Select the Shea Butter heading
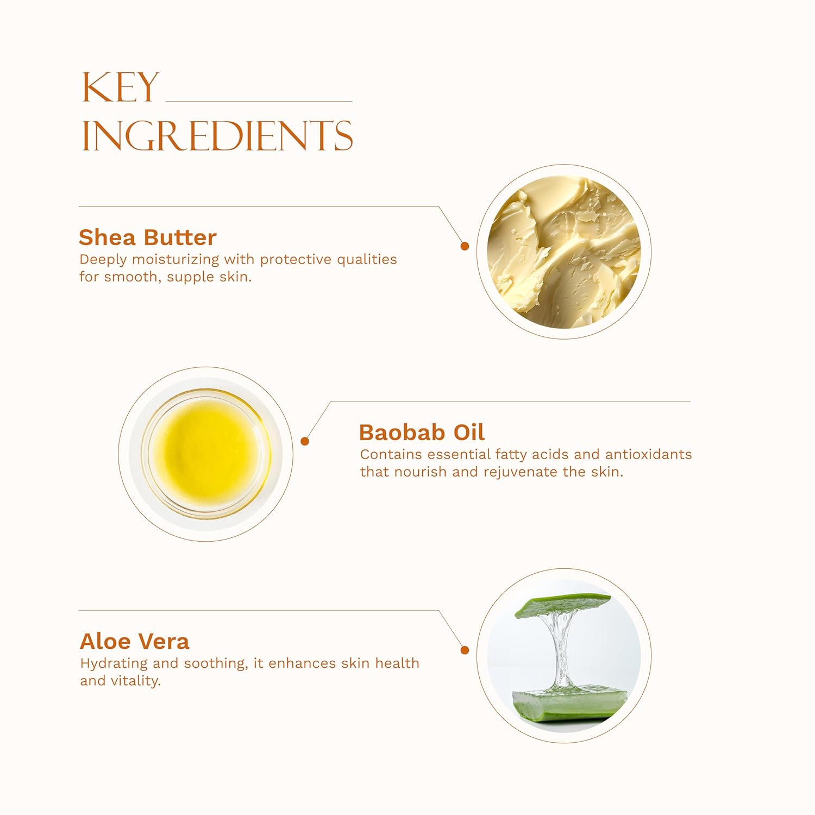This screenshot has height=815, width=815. (x=148, y=237)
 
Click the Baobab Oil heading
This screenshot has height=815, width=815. (x=422, y=432)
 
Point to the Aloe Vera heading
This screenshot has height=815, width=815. (x=135, y=641)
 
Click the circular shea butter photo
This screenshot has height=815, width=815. (x=564, y=252)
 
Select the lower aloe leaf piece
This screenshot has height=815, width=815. (x=569, y=705)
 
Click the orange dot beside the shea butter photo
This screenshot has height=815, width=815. (x=465, y=246)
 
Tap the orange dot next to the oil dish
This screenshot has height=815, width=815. (x=305, y=441)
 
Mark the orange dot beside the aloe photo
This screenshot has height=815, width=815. (x=465, y=650)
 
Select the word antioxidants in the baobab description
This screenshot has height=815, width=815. (x=649, y=454)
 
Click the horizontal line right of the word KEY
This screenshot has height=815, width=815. (x=259, y=102)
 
